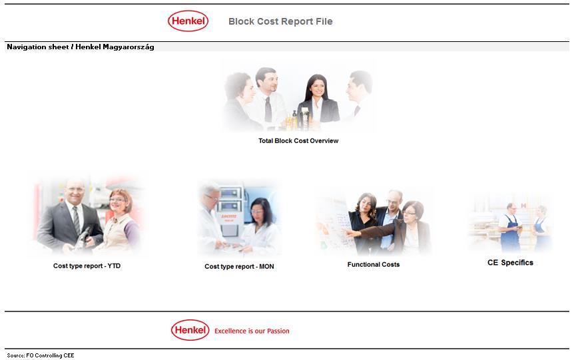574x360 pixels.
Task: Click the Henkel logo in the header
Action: coord(188,21)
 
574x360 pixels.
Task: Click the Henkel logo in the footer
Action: coord(190,330)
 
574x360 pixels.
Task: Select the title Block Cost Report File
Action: coord(280,21)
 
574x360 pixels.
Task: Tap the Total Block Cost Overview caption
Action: coord(298,141)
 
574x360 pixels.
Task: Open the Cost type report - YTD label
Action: coord(87,266)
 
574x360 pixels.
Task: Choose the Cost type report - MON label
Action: coord(239,267)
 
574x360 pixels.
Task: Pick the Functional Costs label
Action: coord(374,265)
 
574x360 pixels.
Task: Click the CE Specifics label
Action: coord(510,263)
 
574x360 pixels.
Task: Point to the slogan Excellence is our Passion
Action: coord(252,331)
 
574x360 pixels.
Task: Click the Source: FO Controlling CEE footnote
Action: coord(41,355)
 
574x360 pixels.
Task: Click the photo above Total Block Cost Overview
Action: coord(298,96)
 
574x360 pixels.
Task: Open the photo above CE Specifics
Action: coord(510,223)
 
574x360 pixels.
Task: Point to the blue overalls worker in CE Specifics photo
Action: coord(510,230)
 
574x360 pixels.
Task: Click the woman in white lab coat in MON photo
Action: coord(260,226)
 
